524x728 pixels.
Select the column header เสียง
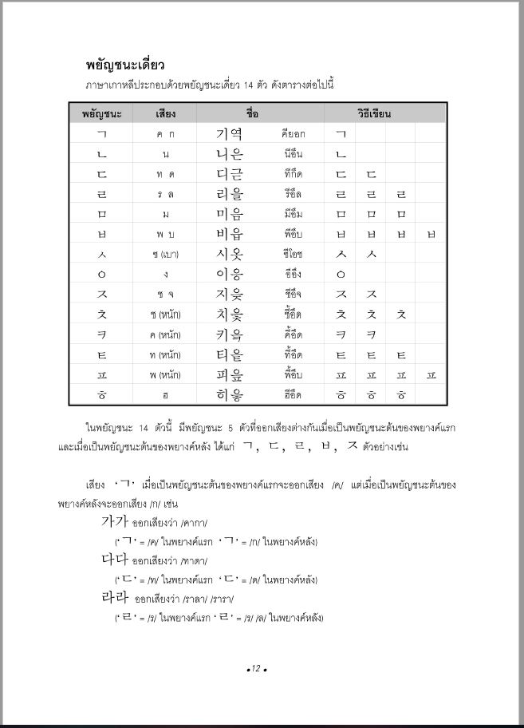[x=165, y=113]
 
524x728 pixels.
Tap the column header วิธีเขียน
[x=373, y=113]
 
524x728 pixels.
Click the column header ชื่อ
[x=253, y=113]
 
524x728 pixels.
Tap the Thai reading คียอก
[x=293, y=134]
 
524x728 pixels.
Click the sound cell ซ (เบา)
[x=165, y=254]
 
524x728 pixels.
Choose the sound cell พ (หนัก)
[x=165, y=374]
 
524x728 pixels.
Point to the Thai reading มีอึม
[x=293, y=214]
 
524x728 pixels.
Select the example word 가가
[x=114, y=522]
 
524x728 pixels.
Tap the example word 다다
[x=114, y=560]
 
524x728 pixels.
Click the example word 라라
[x=114, y=597]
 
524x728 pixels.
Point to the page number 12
[x=255, y=668]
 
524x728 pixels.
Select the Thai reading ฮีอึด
[x=293, y=394]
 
